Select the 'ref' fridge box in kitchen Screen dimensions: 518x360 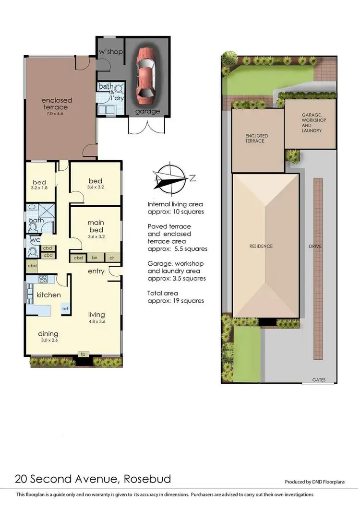[x=65, y=308]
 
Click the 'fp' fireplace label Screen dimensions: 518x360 [x=83, y=354]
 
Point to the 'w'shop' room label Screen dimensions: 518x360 [x=110, y=51]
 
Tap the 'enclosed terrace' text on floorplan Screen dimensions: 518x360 [x=57, y=104]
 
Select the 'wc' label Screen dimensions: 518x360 [x=35, y=240]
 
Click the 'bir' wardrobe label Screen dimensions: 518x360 [x=95, y=258]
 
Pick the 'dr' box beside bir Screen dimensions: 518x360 [x=112, y=258]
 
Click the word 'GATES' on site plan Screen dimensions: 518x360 [x=319, y=380]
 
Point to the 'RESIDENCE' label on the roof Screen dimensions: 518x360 [x=261, y=246]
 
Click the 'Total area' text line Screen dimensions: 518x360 [x=163, y=293]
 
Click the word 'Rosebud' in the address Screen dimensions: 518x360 [x=147, y=479]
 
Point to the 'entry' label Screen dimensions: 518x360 [x=96, y=271]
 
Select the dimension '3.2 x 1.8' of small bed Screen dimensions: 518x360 [x=39, y=188]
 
